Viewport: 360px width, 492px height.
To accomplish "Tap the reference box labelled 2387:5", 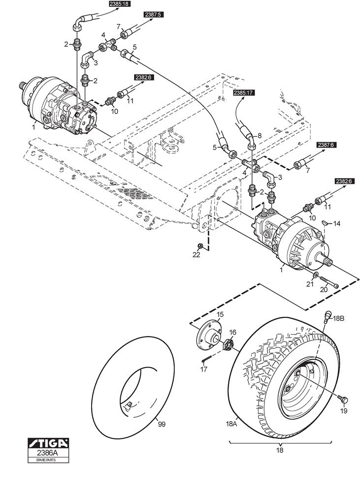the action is click(x=154, y=14).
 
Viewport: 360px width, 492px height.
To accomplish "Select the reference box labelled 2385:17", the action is click(x=244, y=92).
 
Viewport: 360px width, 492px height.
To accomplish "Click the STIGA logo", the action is click(x=48, y=443).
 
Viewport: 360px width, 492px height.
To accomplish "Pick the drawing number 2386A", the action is click(x=48, y=453).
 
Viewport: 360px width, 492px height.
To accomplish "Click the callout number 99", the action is click(x=162, y=424).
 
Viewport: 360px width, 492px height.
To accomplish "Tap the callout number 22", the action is click(x=196, y=255).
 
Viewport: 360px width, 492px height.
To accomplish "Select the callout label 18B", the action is click(x=338, y=318).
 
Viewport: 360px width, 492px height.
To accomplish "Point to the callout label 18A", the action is click(x=231, y=424).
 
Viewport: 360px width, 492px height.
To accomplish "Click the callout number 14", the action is click(x=337, y=223).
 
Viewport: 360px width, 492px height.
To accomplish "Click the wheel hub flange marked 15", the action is click(x=209, y=334).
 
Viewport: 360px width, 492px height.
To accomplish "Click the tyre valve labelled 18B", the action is click(x=327, y=316).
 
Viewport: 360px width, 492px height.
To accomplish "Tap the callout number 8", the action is click(x=260, y=136).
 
